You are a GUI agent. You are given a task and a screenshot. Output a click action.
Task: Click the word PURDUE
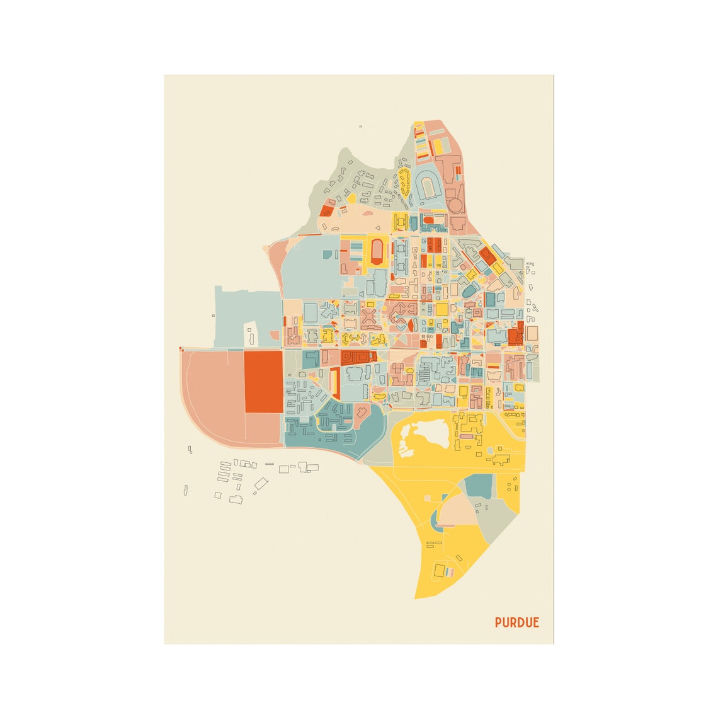516,622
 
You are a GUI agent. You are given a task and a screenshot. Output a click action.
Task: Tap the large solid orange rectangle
263,382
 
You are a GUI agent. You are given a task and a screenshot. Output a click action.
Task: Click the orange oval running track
377,251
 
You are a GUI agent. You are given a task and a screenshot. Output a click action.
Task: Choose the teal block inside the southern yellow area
480,486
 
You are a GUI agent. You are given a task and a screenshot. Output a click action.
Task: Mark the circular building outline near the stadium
455,204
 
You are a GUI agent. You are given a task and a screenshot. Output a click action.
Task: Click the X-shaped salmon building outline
369,314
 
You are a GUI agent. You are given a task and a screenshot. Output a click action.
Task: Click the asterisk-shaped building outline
329,311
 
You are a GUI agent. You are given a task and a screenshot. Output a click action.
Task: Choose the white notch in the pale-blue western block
251,334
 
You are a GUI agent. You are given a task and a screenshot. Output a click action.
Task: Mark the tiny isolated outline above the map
360,127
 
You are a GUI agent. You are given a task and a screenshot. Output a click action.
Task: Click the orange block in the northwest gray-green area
326,210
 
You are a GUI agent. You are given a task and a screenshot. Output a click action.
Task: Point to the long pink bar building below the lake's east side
465,436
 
